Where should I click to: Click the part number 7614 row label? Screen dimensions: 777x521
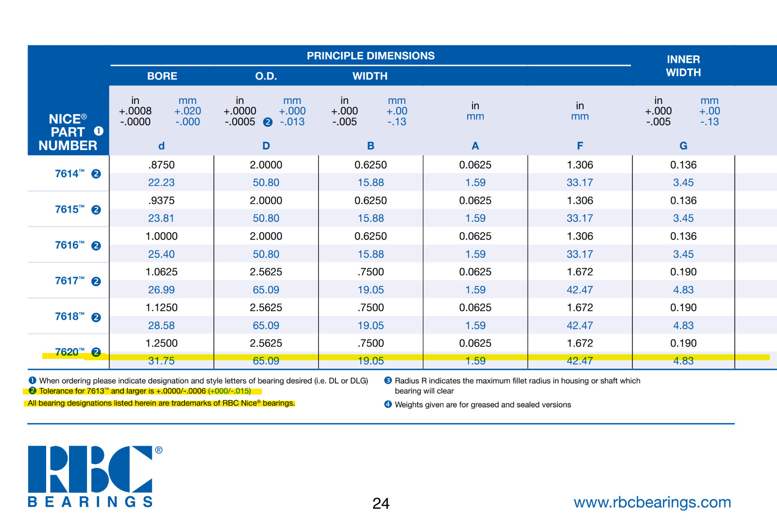tap(70, 173)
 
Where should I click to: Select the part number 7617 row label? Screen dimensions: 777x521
tap(70, 280)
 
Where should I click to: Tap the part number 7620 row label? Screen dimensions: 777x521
tap(70, 352)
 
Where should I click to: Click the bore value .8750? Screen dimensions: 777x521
tap(161, 165)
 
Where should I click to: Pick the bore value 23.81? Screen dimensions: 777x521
tap(161, 218)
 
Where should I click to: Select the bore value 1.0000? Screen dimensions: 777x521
tap(161, 236)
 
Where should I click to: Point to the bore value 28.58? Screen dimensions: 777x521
tap(161, 325)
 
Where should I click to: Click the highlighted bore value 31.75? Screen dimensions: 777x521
tap(161, 361)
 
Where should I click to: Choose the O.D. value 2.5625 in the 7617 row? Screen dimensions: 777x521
tap(266, 272)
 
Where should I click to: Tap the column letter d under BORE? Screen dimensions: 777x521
tap(161, 146)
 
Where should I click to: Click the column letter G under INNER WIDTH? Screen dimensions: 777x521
tap(683, 146)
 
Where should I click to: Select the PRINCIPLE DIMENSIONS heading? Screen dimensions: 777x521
tap(371, 56)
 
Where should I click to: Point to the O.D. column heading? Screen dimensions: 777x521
tap(266, 76)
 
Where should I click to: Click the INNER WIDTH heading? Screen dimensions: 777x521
tap(683, 66)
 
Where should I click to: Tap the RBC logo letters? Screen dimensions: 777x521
tap(90, 469)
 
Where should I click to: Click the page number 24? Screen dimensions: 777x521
tap(381, 504)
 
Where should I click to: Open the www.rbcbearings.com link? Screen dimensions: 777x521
tap(652, 502)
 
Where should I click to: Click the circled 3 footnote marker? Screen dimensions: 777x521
tap(388, 381)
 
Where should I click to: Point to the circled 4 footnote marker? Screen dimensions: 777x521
tap(388, 404)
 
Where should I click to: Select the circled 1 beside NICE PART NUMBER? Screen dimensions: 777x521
tap(99, 131)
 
